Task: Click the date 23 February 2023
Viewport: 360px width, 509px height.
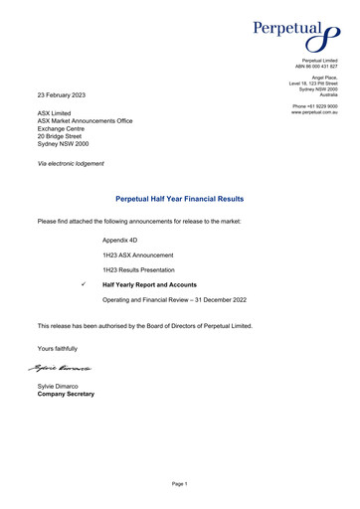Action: [x=62, y=94]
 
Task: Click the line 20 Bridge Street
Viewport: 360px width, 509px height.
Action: [x=65, y=135]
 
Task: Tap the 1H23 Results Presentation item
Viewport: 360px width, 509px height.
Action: [x=138, y=270]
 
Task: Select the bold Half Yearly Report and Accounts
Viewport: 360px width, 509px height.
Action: [x=149, y=285]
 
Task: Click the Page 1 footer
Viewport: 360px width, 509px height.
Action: [x=179, y=483]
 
